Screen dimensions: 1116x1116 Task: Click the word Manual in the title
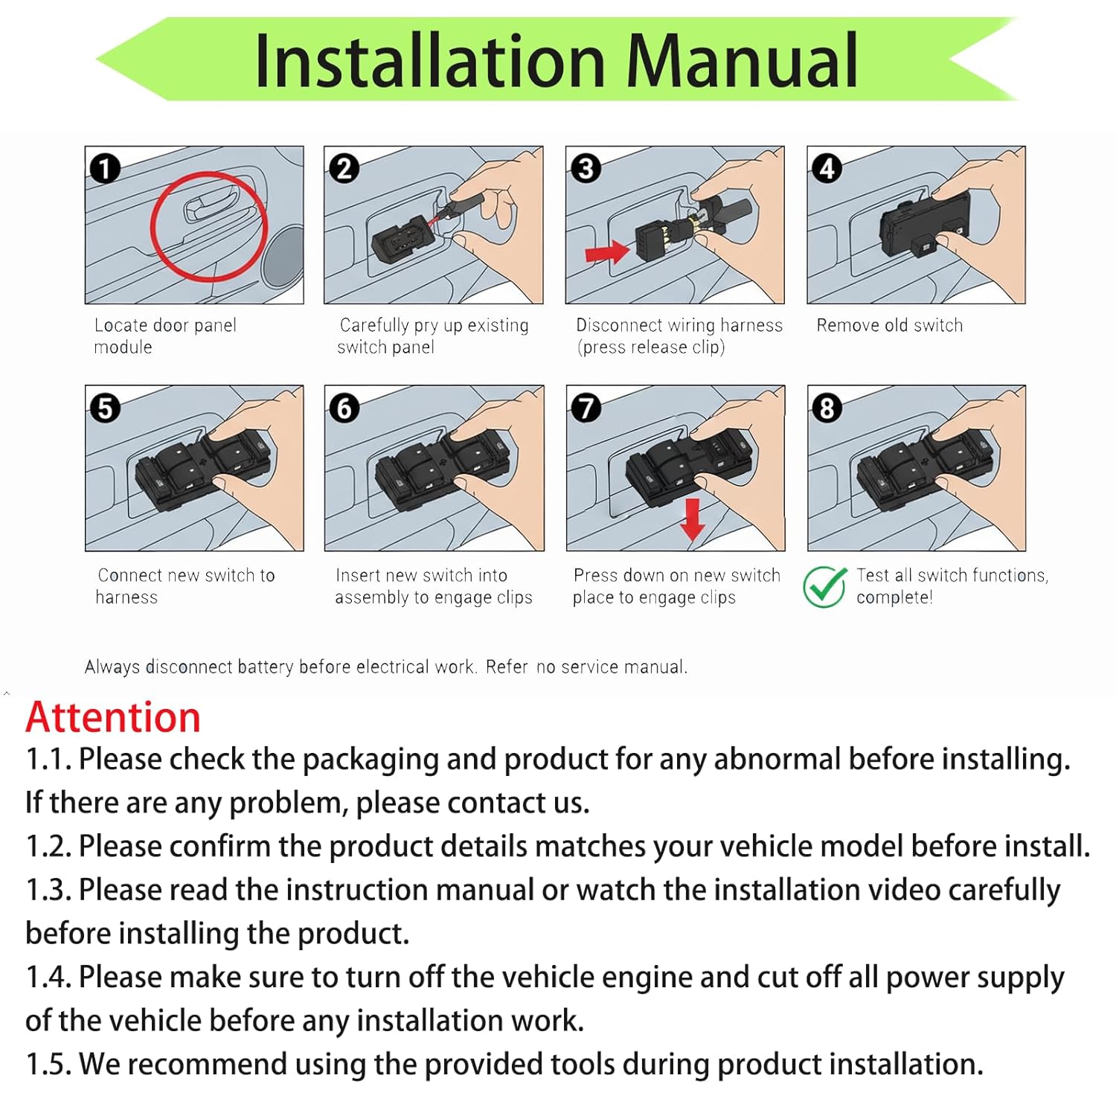coord(742,61)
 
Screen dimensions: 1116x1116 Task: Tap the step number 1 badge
coord(105,168)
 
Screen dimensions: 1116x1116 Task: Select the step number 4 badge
coord(827,168)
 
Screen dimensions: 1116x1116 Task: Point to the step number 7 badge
coord(586,408)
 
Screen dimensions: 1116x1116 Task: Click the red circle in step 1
coord(208,226)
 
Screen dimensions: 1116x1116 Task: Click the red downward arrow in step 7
coord(692,519)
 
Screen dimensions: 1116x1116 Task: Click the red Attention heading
coord(113,717)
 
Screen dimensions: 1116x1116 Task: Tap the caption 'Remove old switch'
coord(889,325)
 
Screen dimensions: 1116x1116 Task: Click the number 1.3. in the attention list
coord(48,890)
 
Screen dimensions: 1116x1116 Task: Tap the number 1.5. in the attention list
coord(48,1064)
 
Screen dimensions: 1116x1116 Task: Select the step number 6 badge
coord(344,408)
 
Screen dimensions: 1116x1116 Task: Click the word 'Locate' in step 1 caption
coord(121,325)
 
